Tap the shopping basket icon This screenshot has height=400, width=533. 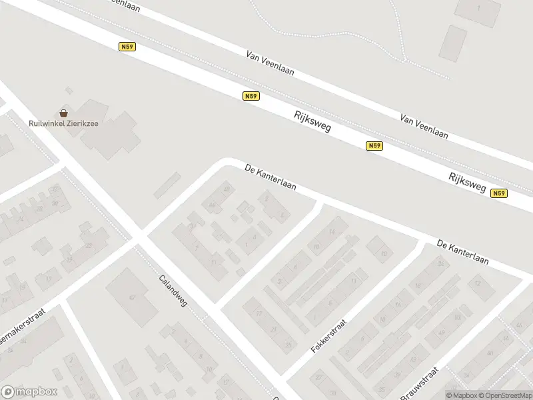64,113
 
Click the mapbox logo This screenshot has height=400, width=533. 29,392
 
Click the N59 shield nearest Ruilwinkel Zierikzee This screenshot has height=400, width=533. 127,47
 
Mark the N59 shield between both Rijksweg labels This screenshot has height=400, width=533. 374,146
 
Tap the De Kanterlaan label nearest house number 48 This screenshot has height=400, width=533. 270,177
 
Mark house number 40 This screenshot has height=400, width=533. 489,353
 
